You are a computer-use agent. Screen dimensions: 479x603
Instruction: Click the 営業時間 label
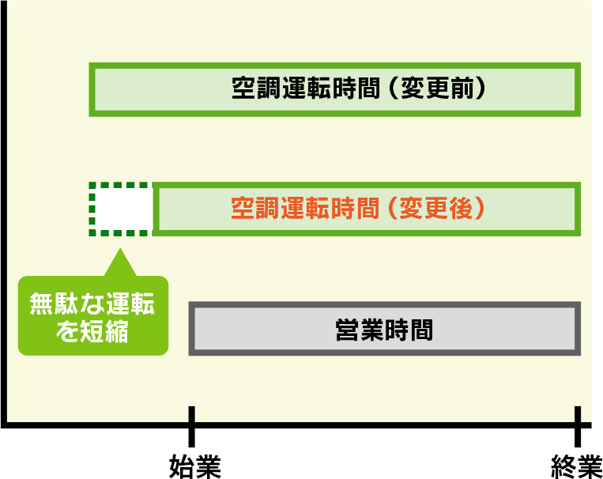(x=385, y=329)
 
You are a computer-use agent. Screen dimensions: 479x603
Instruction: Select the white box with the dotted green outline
(x=120, y=209)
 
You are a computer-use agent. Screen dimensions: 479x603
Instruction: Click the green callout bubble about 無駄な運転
(x=93, y=315)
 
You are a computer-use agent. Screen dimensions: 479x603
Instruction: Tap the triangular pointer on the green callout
(x=119, y=263)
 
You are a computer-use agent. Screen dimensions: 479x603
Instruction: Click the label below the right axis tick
(x=577, y=466)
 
